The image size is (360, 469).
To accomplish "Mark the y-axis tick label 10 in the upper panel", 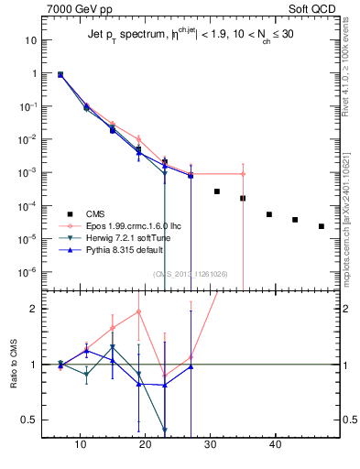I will pos(31,40).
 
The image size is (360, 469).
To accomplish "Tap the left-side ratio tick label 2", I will pos(35,309).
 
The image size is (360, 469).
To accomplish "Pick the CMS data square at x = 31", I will pos(217,191).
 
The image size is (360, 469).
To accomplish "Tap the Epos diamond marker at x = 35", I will pos(243,174).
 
